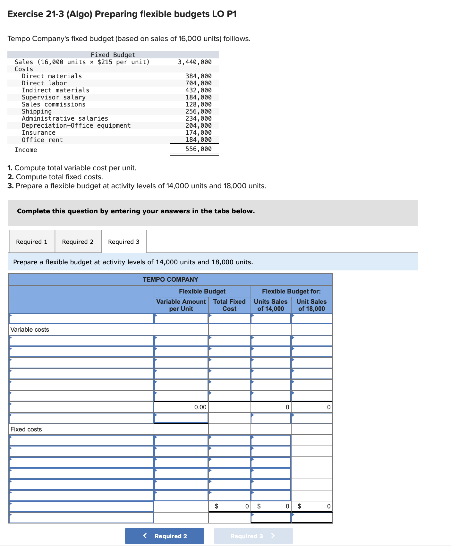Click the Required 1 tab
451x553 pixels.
click(32, 242)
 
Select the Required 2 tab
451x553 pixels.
click(78, 242)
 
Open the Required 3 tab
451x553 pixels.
click(124, 242)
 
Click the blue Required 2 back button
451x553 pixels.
click(165, 536)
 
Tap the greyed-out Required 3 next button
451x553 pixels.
click(253, 536)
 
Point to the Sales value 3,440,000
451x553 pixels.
click(195, 62)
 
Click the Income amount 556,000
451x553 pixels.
click(199, 149)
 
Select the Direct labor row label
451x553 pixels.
click(44, 83)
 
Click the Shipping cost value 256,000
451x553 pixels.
click(199, 111)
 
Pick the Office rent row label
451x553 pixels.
click(42, 140)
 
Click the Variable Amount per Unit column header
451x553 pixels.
click(181, 305)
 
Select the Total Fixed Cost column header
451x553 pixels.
click(229, 305)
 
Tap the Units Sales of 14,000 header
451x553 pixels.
click(271, 305)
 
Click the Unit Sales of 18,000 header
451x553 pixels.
click(311, 305)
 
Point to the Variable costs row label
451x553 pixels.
click(30, 329)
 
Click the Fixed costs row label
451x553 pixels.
click(26, 429)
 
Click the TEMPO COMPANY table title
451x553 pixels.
click(170, 279)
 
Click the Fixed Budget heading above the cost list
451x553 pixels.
click(113, 55)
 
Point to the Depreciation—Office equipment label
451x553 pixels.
click(76, 125)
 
